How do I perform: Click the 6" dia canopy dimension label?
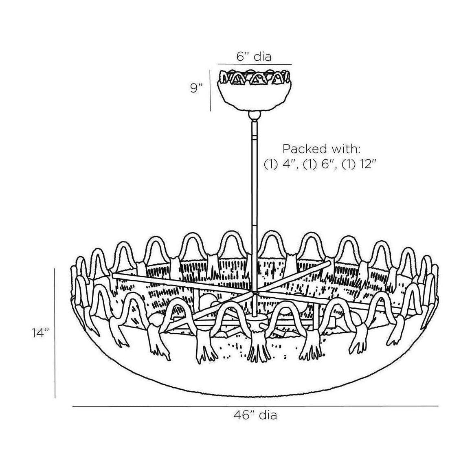[254, 57]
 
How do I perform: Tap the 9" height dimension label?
[196, 88]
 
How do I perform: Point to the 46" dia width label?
[255, 415]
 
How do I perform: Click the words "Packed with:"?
[321, 149]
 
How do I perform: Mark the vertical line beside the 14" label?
[55, 333]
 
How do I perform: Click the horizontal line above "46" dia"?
[255, 406]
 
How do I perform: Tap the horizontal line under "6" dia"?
[255, 64]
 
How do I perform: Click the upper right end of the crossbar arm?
[329, 263]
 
